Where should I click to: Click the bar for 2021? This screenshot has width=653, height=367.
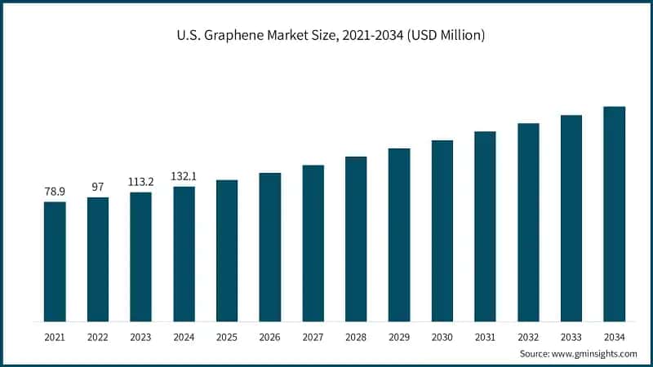[55, 261]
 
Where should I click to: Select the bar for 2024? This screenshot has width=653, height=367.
[184, 254]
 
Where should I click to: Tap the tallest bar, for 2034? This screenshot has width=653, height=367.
[614, 214]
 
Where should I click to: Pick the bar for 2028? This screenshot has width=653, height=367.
[356, 238]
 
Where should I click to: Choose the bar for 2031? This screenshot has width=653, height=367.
[485, 226]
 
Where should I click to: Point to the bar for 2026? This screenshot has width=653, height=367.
[270, 246]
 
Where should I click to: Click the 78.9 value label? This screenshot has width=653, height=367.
[55, 191]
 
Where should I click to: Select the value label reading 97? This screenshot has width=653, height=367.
[98, 187]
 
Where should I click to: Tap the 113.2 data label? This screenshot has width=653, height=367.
[140, 182]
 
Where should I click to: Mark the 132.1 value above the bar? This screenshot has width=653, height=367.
[184, 176]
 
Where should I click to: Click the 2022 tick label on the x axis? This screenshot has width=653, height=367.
[98, 336]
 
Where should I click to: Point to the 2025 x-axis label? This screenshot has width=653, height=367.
[227, 336]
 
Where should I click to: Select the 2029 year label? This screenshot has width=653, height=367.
[399, 336]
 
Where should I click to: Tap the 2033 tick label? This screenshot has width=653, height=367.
[571, 336]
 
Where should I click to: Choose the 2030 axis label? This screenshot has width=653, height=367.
[442, 336]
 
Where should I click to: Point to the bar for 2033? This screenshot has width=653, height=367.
[571, 218]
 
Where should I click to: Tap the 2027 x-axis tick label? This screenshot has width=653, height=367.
[313, 336]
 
